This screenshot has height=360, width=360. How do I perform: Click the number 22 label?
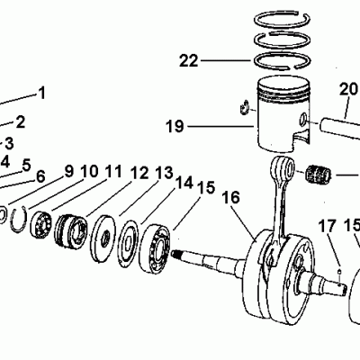(188, 61)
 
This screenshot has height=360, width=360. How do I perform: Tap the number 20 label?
(348, 89)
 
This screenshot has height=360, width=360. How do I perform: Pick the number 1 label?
(41, 92)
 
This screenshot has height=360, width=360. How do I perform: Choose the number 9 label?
(68, 171)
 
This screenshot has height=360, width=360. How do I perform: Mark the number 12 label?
(139, 173)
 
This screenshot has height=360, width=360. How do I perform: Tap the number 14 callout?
(184, 182)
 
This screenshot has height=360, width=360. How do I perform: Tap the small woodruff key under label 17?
(337, 266)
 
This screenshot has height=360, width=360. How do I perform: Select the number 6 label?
(40, 176)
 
